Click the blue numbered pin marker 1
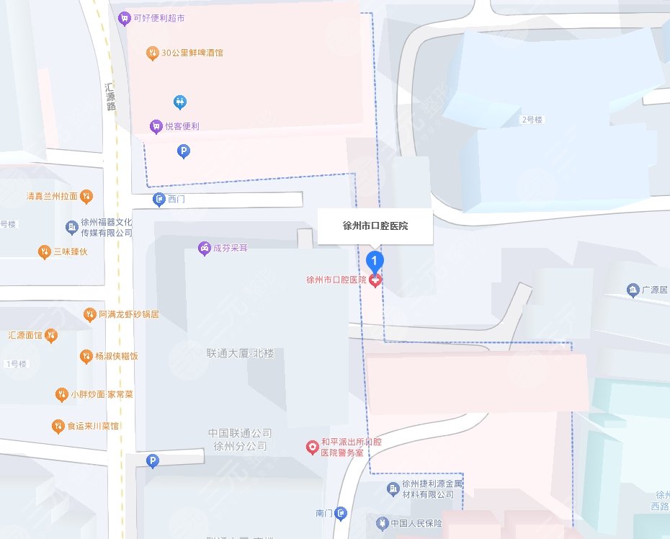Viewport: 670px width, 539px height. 375,260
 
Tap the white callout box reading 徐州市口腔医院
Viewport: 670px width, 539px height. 375,226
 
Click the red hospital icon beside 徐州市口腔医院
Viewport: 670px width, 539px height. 375,280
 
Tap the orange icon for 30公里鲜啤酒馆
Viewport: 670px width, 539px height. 152,53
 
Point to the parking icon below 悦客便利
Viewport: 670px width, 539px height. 184,151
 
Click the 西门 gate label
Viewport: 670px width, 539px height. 176,200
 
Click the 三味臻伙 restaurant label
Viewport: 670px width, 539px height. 70,251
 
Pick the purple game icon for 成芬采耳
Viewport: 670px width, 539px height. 205,248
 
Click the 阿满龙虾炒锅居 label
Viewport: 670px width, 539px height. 129,314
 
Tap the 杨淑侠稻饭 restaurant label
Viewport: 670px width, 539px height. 116,356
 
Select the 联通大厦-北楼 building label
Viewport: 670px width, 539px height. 240,354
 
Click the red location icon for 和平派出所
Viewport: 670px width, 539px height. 312,447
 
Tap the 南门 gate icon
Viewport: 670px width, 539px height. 341,513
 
